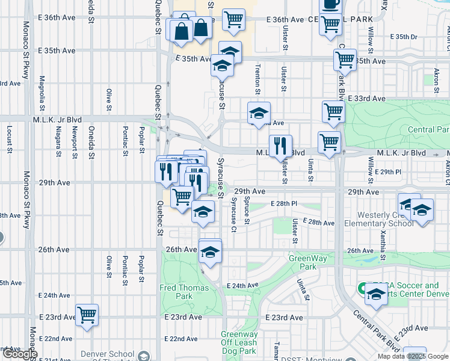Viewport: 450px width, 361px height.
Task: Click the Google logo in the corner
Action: click(x=19, y=354)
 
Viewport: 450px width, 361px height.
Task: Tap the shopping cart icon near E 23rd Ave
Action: click(x=87, y=315)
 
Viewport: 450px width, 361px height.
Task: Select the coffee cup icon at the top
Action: click(x=330, y=5)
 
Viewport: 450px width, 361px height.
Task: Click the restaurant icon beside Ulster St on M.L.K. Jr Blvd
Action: click(x=280, y=146)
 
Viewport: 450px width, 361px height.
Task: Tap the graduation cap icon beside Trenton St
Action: click(x=259, y=113)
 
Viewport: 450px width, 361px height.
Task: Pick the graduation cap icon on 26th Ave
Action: click(x=210, y=251)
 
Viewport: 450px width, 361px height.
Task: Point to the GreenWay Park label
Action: click(x=302, y=262)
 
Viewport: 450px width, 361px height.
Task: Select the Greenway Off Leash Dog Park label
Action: click(x=239, y=342)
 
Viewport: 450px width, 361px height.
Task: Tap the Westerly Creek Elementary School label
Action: click(x=379, y=219)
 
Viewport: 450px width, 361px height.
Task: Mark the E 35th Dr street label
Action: click(x=404, y=37)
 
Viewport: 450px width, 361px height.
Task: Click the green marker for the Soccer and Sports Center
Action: click(x=363, y=288)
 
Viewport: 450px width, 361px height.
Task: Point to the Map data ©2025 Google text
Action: click(x=413, y=356)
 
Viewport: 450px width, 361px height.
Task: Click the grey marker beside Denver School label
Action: click(x=144, y=357)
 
